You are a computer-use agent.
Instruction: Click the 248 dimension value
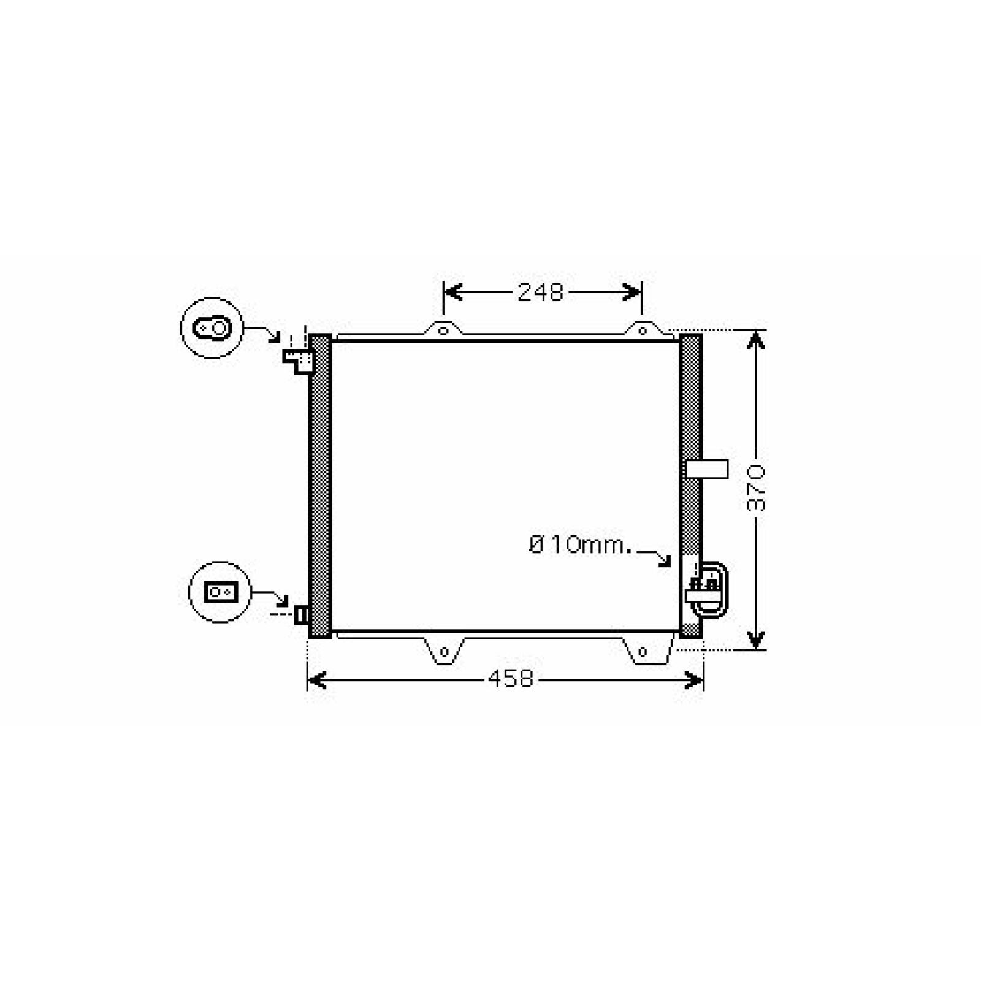[x=540, y=292]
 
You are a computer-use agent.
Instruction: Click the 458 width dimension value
[x=511, y=679]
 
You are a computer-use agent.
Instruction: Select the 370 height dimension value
[x=757, y=489]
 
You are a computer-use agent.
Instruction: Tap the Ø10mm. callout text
[x=580, y=544]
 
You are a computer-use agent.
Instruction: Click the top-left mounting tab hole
[x=443, y=331]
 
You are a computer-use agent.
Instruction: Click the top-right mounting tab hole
[x=642, y=331]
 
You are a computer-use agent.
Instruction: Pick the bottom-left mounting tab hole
[x=445, y=652]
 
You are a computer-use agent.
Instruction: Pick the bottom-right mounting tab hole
[x=642, y=652]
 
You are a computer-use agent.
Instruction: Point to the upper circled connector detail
[x=212, y=328]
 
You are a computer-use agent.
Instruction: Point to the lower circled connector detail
[x=219, y=592]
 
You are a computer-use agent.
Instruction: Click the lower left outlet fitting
[x=301, y=614]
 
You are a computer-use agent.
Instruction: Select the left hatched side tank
[x=320, y=486]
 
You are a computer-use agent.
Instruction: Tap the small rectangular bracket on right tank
[x=708, y=469]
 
